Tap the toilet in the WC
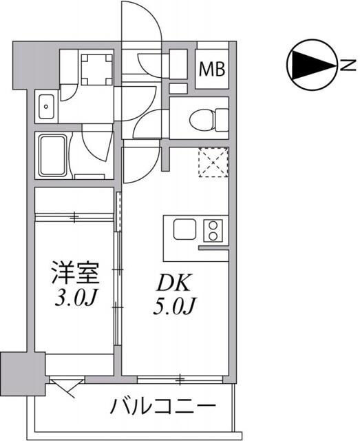tap(200, 119)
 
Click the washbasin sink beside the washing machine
tap(46, 106)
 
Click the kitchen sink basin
tap(185, 229)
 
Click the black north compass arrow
tap(310, 65)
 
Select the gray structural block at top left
tap(26, 61)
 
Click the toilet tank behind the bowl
tap(221, 119)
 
